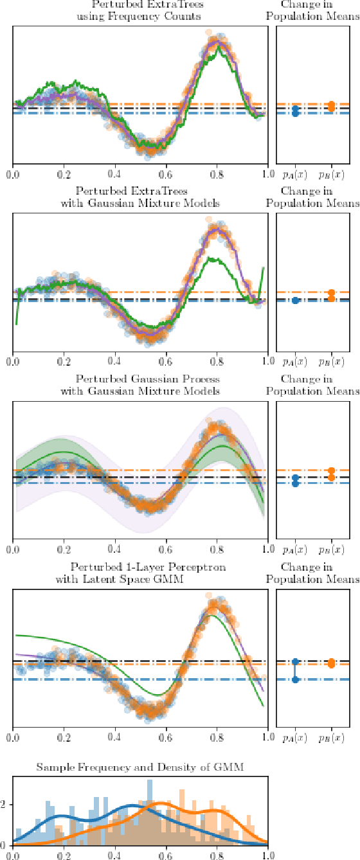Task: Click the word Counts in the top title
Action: pos(183,15)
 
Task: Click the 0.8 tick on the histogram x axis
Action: pos(217,855)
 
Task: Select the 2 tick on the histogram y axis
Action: pos(5,804)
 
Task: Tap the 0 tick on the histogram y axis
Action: pos(5,844)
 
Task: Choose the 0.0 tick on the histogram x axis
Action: pos(13,855)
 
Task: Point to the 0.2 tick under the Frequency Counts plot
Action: pos(64,174)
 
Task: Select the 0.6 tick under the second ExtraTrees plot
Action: pos(166,362)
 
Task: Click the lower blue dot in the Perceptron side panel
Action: pos(295,679)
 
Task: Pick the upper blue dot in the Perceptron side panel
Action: pos(295,661)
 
